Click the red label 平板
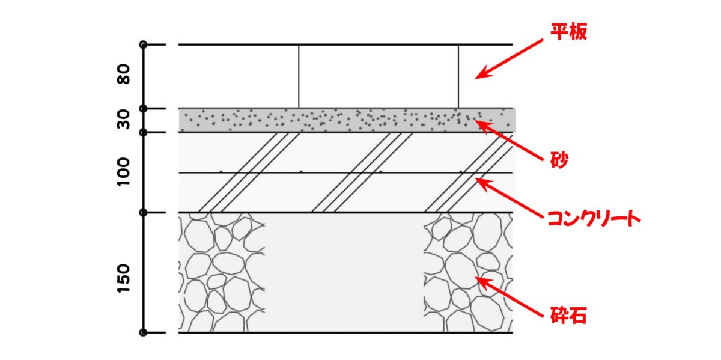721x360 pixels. [x=568, y=32]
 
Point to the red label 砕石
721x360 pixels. [x=568, y=314]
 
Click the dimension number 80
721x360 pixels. [x=124, y=75]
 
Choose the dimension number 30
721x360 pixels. [x=124, y=120]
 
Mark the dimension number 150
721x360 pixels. [x=124, y=278]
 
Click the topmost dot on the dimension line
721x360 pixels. [x=143, y=44]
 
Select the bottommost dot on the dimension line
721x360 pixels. [x=143, y=332]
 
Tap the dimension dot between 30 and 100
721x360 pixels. [x=143, y=132]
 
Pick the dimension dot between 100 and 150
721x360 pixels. [x=143, y=212]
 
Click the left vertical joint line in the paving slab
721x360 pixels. [x=299, y=76]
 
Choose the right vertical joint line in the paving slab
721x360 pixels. [x=458, y=76]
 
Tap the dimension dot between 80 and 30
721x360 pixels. [x=143, y=109]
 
